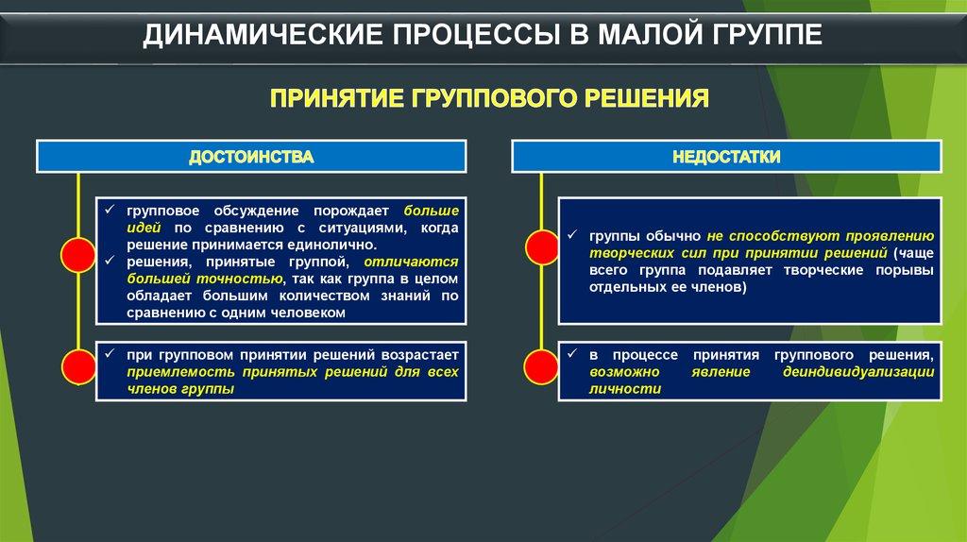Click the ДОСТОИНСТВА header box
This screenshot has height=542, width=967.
[251, 157]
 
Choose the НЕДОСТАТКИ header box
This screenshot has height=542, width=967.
[726, 157]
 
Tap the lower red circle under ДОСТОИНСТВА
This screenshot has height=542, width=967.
[77, 364]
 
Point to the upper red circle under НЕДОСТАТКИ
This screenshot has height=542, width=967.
[541, 247]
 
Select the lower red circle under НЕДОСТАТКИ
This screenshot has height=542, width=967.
[541, 364]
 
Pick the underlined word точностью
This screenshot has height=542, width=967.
[238, 279]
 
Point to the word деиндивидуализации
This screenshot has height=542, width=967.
[857, 372]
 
